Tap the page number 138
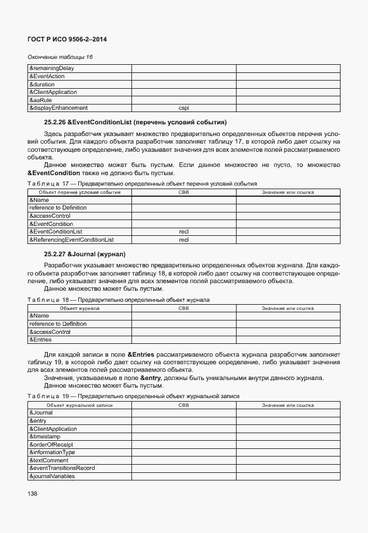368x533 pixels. pos(33,494)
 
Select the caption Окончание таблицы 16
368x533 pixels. pos(61,57)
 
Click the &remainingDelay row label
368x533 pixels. pos(51,68)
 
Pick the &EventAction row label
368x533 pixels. pos(47,76)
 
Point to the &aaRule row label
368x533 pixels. pos(40,100)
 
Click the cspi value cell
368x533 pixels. pos(183,108)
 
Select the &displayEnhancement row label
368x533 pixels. pos(58,108)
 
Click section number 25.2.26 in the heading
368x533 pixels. pos(55,122)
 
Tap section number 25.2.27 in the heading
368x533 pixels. pos(55,255)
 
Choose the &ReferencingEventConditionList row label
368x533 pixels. pos(71,240)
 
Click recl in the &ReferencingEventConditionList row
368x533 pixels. pos(183,240)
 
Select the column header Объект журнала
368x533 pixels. pos(79,308)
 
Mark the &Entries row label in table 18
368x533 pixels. pos(40,339)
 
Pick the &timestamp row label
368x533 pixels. pos(44,436)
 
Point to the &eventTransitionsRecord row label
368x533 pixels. pos(62,468)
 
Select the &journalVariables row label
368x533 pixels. pos(52,476)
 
